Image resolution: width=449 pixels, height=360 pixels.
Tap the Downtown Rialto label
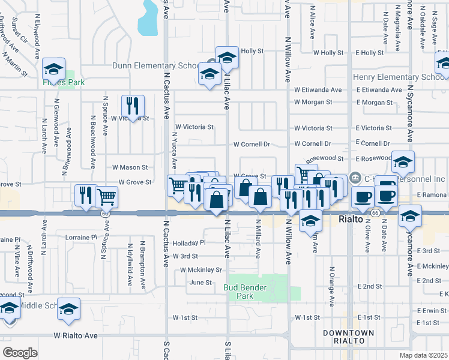click(x=348, y=337)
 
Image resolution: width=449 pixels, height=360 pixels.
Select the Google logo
click(x=19, y=353)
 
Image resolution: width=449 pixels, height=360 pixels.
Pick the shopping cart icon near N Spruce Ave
click(x=107, y=196)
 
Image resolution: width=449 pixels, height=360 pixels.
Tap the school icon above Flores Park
click(x=54, y=69)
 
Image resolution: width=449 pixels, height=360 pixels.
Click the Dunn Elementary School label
click(x=154, y=65)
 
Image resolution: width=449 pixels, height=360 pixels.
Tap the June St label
click(x=200, y=282)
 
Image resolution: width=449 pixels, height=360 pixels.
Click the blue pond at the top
click(x=147, y=17)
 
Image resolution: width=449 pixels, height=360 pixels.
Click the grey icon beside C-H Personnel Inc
click(x=354, y=178)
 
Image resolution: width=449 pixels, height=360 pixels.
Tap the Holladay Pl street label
click(x=189, y=243)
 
